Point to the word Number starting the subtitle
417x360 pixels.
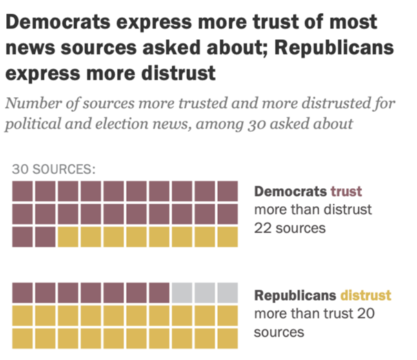pyautogui.click(x=31, y=104)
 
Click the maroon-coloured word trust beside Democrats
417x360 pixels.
pyautogui.click(x=346, y=191)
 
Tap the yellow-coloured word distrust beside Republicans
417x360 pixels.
pyautogui.click(x=365, y=296)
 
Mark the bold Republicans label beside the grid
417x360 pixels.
pyautogui.click(x=296, y=296)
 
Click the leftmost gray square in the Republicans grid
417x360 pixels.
pyautogui.click(x=182, y=293)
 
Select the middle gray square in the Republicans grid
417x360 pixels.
pyautogui.click(x=205, y=293)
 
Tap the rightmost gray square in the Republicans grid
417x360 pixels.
pyautogui.click(x=227, y=293)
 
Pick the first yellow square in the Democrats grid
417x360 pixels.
pyautogui.click(x=68, y=237)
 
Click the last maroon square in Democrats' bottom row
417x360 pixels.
pyautogui.click(x=45, y=237)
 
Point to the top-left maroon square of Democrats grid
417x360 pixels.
pyautogui.click(x=23, y=191)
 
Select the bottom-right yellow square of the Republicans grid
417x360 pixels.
pyautogui.click(x=227, y=338)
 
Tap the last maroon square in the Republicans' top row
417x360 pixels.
pyautogui.click(x=159, y=293)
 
